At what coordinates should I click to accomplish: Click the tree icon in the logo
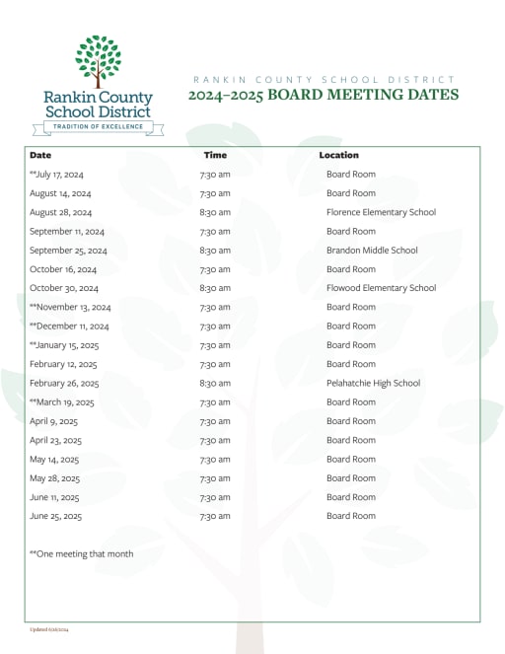pyautogui.click(x=98, y=61)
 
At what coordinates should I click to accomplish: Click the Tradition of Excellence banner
pyautogui.click(x=98, y=127)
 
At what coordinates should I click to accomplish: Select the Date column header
pyautogui.click(x=40, y=156)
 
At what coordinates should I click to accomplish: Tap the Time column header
pyautogui.click(x=215, y=156)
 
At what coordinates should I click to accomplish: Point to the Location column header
pyautogui.click(x=338, y=156)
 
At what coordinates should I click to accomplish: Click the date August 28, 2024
pyautogui.click(x=60, y=212)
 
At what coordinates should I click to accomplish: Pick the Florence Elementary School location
pyautogui.click(x=381, y=212)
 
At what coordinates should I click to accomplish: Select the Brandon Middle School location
pyautogui.click(x=372, y=251)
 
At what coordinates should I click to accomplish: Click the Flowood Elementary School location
pyautogui.click(x=381, y=288)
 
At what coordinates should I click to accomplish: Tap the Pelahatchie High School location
pyautogui.click(x=373, y=383)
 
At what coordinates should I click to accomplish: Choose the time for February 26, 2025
pyautogui.click(x=215, y=383)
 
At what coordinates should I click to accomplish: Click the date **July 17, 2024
pyautogui.click(x=57, y=175)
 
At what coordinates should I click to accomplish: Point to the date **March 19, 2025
pyautogui.click(x=62, y=402)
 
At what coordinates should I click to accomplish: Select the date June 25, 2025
pyautogui.click(x=55, y=516)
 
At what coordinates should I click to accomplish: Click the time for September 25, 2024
pyautogui.click(x=215, y=251)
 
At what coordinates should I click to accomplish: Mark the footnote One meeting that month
pyautogui.click(x=81, y=554)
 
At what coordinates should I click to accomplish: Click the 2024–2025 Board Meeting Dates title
pyautogui.click(x=324, y=96)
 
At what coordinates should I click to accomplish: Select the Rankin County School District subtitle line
pyautogui.click(x=324, y=79)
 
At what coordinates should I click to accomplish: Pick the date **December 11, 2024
pyautogui.click(x=69, y=327)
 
